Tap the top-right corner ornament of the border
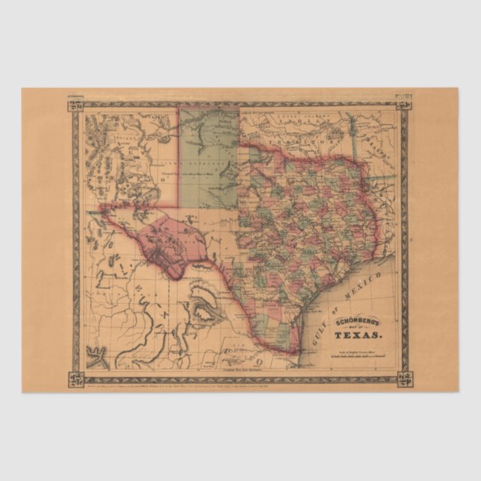[x=403, y=100]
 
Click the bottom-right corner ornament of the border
[x=403, y=380]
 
